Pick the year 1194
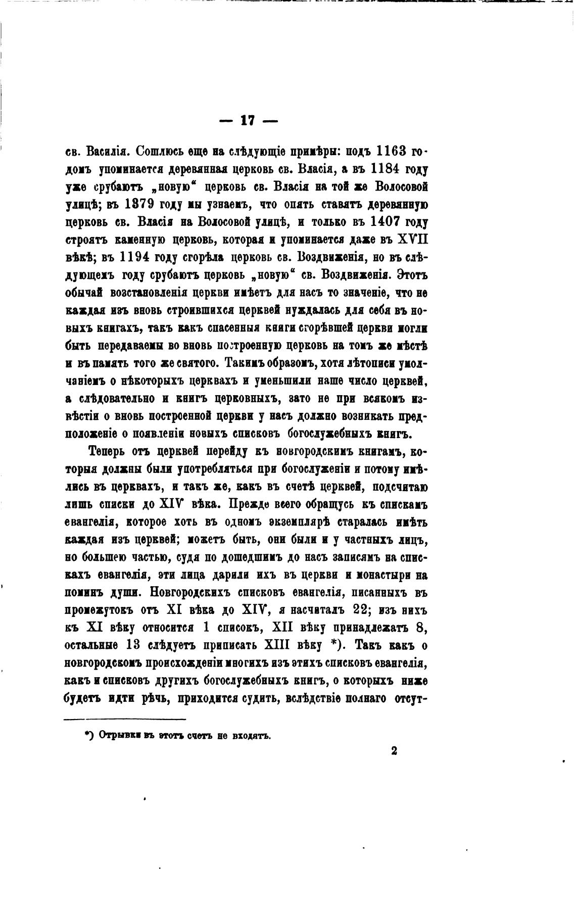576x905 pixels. point(134,257)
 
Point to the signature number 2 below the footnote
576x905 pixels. point(394,751)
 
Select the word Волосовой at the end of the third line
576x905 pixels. point(401,186)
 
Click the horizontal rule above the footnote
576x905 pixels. point(125,720)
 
